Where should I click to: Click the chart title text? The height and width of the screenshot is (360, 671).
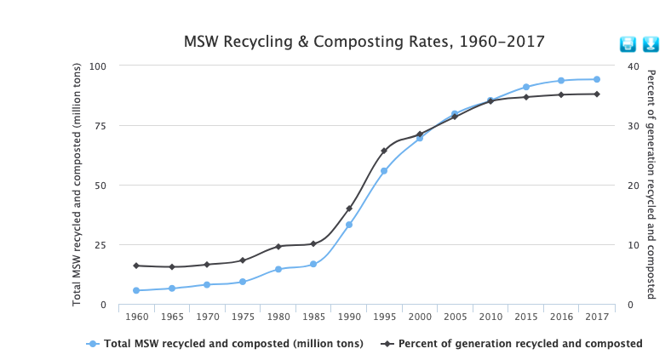click(x=364, y=41)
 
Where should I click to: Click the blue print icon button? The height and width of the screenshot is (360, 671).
click(x=628, y=43)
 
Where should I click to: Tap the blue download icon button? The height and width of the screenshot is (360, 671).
click(x=651, y=43)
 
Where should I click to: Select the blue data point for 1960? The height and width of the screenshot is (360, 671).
click(x=136, y=290)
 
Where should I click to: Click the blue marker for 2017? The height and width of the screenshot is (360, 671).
click(x=597, y=79)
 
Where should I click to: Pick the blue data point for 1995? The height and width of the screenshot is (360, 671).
click(x=384, y=171)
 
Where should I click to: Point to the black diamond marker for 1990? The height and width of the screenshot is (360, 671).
click(x=349, y=209)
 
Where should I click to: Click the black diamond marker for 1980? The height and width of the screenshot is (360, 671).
click(x=278, y=247)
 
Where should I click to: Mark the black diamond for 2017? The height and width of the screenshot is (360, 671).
click(x=597, y=94)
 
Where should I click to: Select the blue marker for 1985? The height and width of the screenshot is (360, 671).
click(x=313, y=264)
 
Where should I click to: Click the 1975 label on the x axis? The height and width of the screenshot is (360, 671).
click(x=243, y=317)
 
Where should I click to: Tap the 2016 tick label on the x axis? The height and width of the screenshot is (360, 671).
click(x=561, y=317)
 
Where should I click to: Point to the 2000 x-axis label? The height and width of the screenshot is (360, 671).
click(x=420, y=317)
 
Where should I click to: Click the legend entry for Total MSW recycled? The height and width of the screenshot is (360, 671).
click(x=226, y=344)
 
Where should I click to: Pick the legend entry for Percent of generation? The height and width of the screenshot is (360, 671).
click(x=512, y=344)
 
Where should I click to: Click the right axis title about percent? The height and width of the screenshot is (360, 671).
click(x=651, y=184)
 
